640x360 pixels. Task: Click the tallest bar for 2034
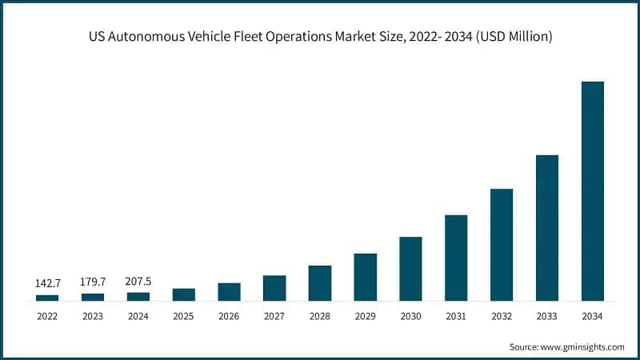(x=593, y=191)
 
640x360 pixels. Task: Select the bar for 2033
(x=547, y=228)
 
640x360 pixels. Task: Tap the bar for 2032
(x=502, y=245)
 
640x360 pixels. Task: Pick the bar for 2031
(x=456, y=258)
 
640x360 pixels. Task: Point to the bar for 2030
(x=410, y=269)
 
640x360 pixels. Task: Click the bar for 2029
(x=365, y=277)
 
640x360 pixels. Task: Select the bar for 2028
(x=320, y=283)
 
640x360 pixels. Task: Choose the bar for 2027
(x=274, y=288)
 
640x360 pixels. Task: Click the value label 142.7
(x=47, y=283)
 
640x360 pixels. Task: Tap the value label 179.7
(x=93, y=282)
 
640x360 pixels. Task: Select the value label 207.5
(x=138, y=281)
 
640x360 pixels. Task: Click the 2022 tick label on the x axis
(x=47, y=317)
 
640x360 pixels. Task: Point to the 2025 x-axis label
(x=183, y=317)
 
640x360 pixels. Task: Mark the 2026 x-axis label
(x=229, y=317)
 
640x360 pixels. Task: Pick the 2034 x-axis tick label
(x=593, y=317)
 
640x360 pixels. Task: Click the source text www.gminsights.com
(x=584, y=346)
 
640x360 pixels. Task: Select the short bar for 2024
(x=138, y=297)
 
